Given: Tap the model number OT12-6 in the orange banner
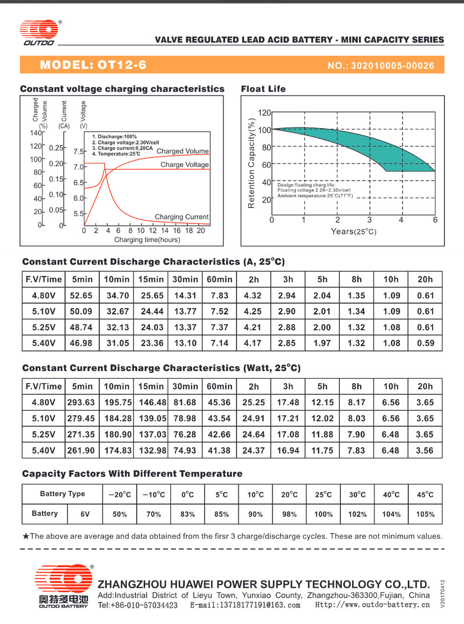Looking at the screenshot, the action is tap(122, 65).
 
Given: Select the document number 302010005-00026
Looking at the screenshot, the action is tap(393, 65).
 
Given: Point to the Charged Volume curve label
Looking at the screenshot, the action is tap(182, 151).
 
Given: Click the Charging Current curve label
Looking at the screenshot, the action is tap(182, 217).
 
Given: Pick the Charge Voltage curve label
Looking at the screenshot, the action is tap(185, 164).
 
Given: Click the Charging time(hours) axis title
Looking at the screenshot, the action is tap(147, 240).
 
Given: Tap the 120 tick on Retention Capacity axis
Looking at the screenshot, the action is tap(264, 113).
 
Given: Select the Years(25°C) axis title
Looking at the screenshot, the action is tap(354, 232).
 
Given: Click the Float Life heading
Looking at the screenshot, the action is tap(263, 89).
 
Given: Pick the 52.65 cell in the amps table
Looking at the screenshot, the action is tap(81, 295).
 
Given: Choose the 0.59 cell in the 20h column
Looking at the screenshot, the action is tap(426, 343).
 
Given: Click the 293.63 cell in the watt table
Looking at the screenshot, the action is tap(81, 402).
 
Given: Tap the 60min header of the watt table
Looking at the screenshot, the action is tap(219, 386).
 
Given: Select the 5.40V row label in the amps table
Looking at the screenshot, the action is tap(44, 343).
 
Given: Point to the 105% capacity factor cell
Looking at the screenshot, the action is tap(425, 514).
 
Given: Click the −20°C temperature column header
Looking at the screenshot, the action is tap(120, 495).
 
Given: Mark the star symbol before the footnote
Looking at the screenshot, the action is tap(26, 536).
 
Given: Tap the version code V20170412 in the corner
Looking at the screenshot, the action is tap(442, 594).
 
